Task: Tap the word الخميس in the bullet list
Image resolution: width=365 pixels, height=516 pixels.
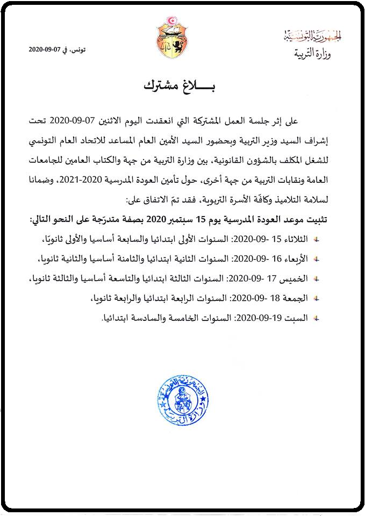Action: (296, 278)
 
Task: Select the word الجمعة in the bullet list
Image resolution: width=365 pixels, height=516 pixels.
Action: (297, 298)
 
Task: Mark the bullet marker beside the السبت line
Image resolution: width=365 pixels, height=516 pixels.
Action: (317, 318)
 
